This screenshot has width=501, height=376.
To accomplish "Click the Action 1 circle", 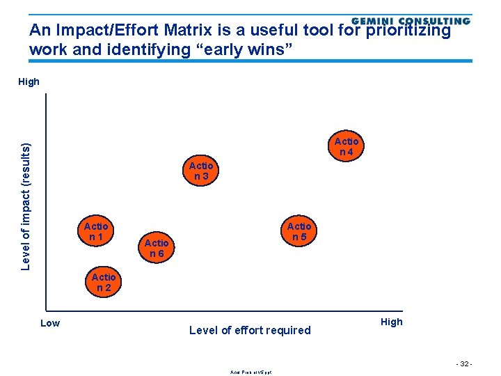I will (96, 231).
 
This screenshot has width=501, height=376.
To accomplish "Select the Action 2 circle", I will (104, 282).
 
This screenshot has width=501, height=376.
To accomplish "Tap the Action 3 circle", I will (201, 171).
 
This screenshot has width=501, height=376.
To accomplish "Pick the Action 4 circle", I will (346, 147).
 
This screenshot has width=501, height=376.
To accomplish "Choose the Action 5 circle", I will (299, 231).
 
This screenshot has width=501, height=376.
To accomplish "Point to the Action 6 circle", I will (156, 248).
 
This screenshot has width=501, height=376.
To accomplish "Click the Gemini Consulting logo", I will (411, 22).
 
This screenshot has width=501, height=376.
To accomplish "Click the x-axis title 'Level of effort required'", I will (250, 330).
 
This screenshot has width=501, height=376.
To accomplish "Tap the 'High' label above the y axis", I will (29, 81).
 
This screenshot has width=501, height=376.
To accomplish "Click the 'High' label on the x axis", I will (391, 322).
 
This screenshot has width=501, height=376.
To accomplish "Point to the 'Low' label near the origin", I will (50, 322).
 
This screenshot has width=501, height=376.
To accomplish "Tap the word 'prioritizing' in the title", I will (408, 31).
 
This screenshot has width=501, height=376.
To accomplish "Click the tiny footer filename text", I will (250, 372).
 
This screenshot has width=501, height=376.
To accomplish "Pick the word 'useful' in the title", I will (263, 31).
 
